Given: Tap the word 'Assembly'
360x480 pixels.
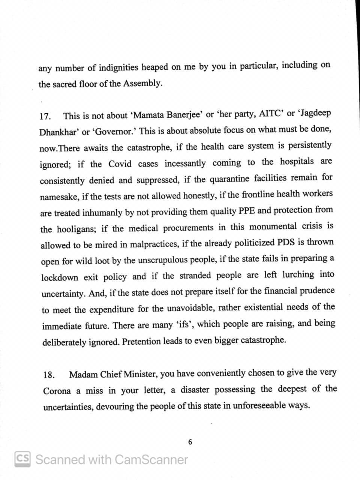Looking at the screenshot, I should (142, 83).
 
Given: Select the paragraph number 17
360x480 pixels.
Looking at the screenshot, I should (45, 116).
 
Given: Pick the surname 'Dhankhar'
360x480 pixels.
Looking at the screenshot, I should (57, 132).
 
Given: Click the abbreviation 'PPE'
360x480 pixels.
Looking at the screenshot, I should (247, 211).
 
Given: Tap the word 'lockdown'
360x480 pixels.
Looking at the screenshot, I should (60, 277).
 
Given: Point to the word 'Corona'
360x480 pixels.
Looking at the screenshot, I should (57, 391).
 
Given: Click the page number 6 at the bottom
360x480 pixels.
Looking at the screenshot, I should (190, 442).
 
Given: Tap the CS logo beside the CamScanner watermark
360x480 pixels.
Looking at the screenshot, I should (22, 459).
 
